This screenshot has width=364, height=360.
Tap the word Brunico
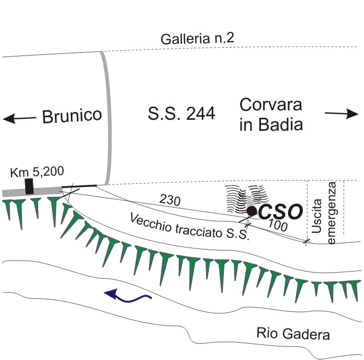pos(72,115)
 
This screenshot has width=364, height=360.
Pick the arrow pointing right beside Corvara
pos(341,114)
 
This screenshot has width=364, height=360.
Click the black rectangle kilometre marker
pos(29,186)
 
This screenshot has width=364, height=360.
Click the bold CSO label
pos(281,212)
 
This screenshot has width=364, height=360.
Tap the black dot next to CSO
pos(252,211)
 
